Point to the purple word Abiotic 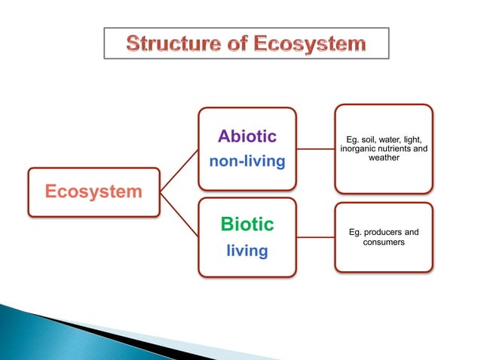[247, 136]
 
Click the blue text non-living [247, 161]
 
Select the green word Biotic [247, 224]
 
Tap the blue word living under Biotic [247, 251]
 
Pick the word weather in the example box [384, 158]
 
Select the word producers [384, 233]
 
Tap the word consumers [384, 243]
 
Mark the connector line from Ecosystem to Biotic [179, 214]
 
